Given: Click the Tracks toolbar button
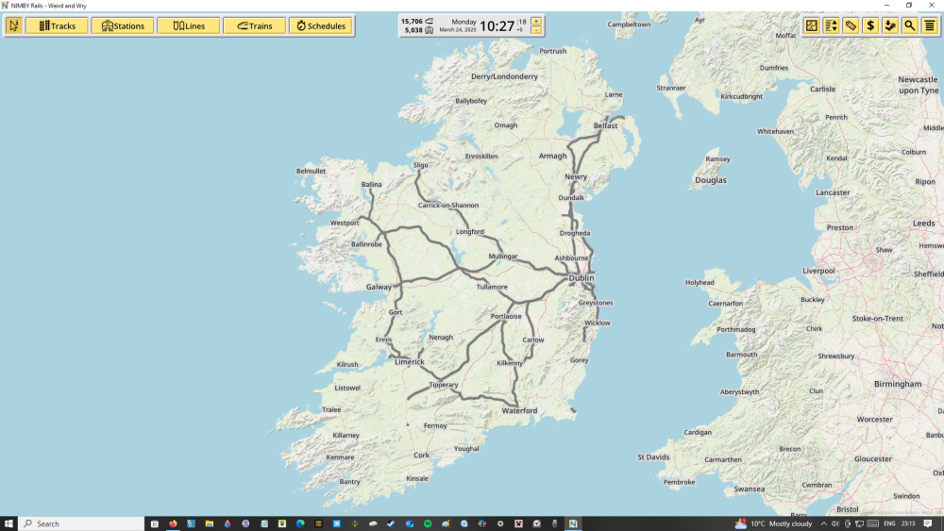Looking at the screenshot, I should pos(57,25).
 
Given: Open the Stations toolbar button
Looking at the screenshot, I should pos(123,25).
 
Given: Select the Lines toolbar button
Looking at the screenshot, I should pos(188,25).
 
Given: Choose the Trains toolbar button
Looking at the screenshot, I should pos(254,25).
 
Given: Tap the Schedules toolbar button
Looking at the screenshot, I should pos(320,25).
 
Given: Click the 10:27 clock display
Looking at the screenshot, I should pos(497,25).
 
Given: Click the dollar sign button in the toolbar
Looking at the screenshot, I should pos(870,25).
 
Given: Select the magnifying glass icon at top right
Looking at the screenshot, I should pos(909,25).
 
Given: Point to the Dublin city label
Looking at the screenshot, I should pos(581,278).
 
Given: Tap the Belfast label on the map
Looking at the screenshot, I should pos(605,125).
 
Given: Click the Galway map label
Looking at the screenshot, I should pos(379,287).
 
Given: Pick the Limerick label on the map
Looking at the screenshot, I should pos(409,362).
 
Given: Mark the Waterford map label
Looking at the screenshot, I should pos(519,410).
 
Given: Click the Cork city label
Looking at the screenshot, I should pos(422,455).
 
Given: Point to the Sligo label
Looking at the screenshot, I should pos(420,165).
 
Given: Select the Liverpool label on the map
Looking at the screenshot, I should pos(818,271).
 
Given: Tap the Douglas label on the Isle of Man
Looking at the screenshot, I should pos(711,180).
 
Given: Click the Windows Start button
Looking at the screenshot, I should pos(8,523).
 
